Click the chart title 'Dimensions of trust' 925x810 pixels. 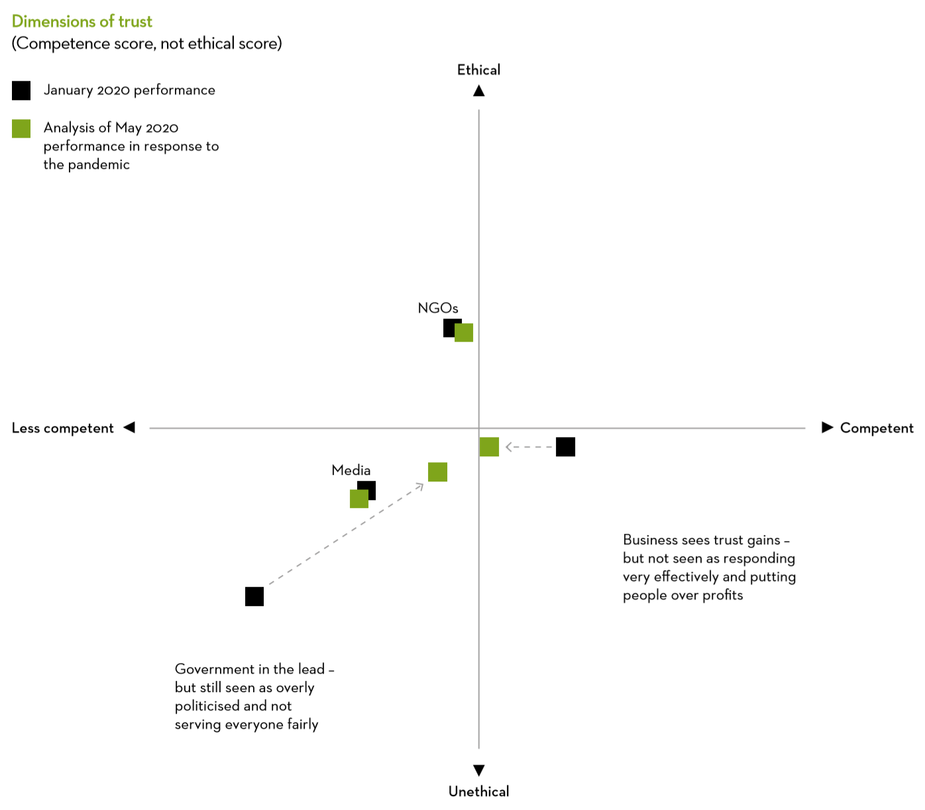(x=82, y=21)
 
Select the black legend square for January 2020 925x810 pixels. (x=21, y=90)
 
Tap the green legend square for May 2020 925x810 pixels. (x=21, y=128)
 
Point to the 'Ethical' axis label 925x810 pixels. (x=478, y=70)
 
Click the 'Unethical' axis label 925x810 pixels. (x=478, y=791)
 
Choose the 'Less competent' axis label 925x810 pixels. (x=62, y=428)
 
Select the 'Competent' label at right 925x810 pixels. (x=877, y=428)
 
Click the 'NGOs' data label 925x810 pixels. (x=438, y=308)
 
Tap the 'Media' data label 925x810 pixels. (x=351, y=470)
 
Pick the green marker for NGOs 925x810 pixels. (x=464, y=332)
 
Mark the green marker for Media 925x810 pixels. (x=359, y=499)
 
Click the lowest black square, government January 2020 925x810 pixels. (x=254, y=597)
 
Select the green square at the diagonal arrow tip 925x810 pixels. (x=437, y=472)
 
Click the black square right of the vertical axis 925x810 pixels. (x=565, y=447)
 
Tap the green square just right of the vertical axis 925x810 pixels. (x=489, y=447)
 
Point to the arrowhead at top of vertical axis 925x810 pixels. (x=478, y=91)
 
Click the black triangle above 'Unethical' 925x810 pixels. (x=478, y=770)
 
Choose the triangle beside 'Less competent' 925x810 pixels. (x=129, y=427)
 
